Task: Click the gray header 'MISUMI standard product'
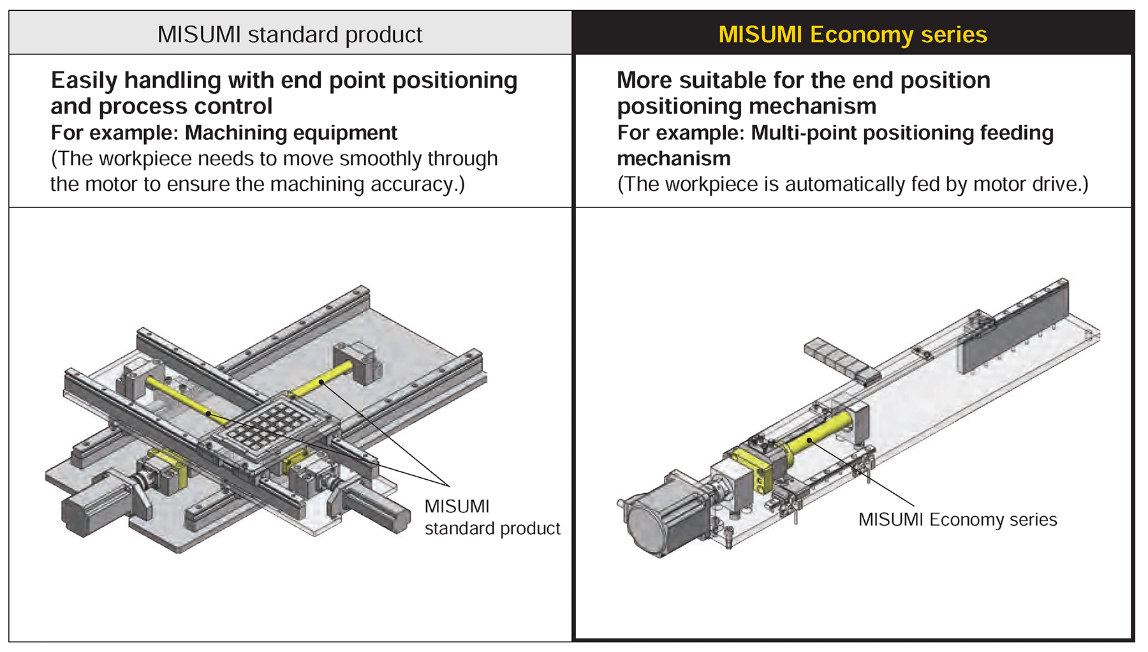[290, 34]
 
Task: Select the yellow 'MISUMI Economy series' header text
[853, 34]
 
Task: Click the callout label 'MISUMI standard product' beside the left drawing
[492, 517]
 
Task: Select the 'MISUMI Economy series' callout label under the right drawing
[957, 519]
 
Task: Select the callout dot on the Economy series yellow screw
[809, 440]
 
